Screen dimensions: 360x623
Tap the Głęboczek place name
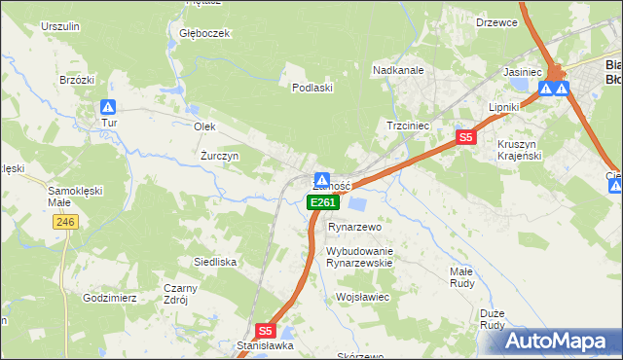click(x=203, y=33)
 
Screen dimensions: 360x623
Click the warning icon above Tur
click(x=109, y=106)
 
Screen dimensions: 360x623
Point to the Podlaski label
click(x=313, y=88)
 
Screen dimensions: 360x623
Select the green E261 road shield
click(x=323, y=202)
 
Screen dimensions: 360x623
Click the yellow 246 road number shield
click(x=64, y=223)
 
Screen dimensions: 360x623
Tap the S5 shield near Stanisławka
click(x=267, y=330)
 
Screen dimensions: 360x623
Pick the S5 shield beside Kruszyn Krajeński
click(x=465, y=138)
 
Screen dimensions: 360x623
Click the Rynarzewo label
click(x=351, y=226)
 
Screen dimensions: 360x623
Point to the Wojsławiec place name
click(x=362, y=297)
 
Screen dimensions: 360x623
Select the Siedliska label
click(x=215, y=262)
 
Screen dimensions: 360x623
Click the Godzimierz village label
click(x=109, y=298)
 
